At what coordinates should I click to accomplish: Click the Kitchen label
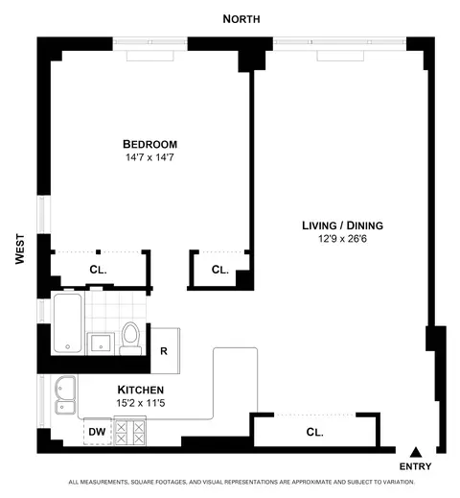(141, 389)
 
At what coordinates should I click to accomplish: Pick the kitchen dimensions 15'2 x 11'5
(141, 403)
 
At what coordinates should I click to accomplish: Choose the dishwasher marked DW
(97, 433)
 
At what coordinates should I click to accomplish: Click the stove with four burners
(130, 434)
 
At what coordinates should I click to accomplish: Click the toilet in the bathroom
(130, 339)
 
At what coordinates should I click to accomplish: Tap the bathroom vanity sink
(100, 342)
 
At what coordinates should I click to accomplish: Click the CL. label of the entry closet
(314, 432)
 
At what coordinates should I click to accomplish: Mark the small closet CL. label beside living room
(219, 270)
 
